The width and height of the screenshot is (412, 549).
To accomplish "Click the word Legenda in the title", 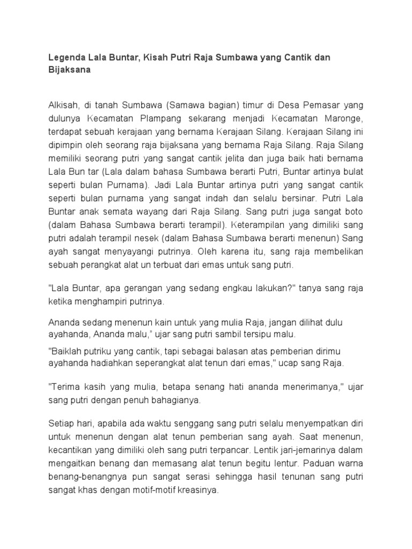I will (x=65, y=57).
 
